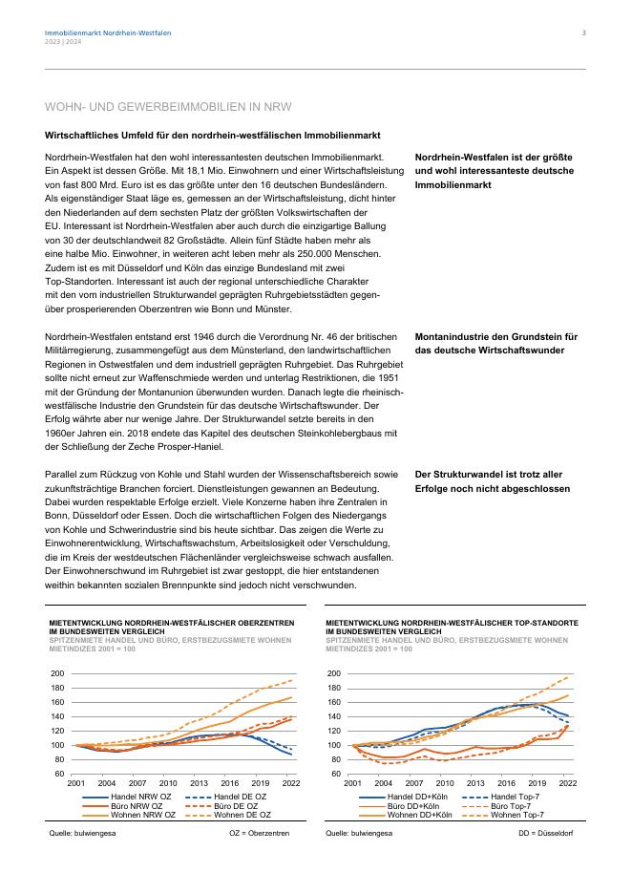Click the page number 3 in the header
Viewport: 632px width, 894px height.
pos(583,33)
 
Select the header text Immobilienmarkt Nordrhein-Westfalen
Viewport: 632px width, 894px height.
pos(108,33)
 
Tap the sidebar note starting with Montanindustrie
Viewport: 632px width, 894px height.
pos(496,343)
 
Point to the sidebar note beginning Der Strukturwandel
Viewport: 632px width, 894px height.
pos(493,480)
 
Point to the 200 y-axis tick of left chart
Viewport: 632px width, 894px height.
pos(58,674)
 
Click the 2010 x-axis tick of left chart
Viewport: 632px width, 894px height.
pos(168,782)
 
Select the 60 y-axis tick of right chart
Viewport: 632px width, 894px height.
pos(335,774)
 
